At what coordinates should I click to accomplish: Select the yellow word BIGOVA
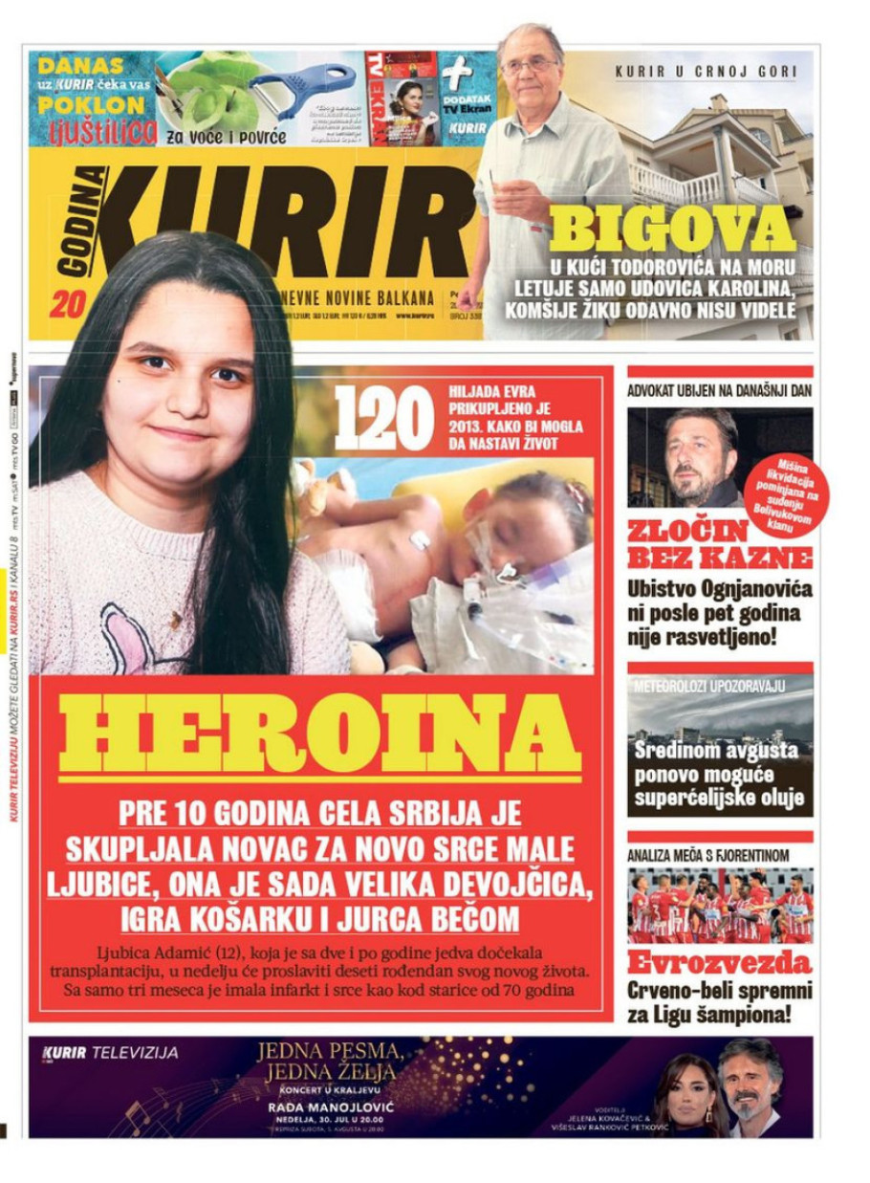[x=672, y=230]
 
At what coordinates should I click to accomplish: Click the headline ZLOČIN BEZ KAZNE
[x=720, y=544]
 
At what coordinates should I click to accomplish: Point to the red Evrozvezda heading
[x=719, y=962]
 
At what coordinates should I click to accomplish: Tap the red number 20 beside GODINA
[x=62, y=305]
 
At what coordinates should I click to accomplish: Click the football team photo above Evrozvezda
[x=720, y=907]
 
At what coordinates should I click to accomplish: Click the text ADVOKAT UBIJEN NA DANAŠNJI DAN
[x=719, y=390]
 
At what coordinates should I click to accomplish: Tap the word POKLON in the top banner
[x=92, y=105]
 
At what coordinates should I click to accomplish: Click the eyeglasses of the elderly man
[x=529, y=66]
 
